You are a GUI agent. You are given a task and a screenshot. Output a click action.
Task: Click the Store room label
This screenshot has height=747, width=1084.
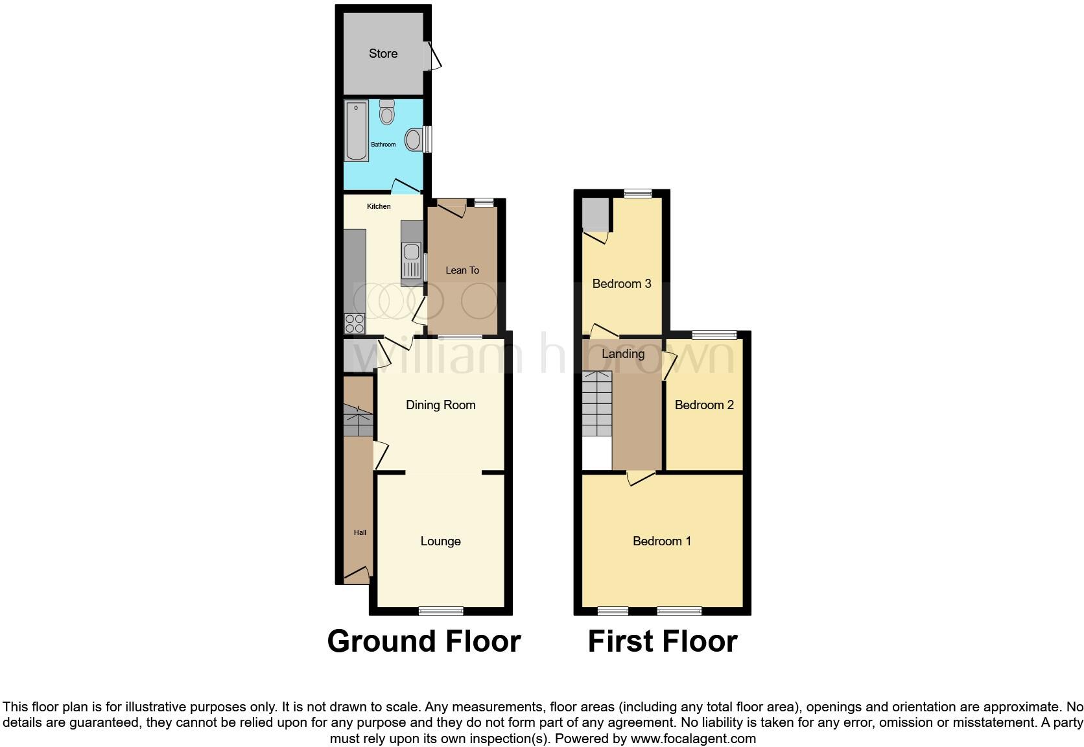[383, 54]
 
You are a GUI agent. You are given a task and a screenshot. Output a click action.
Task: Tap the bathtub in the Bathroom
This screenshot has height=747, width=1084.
[356, 131]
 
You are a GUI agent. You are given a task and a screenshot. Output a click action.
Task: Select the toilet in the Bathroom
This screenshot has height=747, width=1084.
[387, 113]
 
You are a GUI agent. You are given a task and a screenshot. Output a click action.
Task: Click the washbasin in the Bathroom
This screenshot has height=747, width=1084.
[414, 139]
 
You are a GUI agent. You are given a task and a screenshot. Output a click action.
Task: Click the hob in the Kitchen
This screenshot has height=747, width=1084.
[354, 322]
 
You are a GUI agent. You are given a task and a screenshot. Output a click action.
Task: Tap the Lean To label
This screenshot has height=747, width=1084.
[462, 270]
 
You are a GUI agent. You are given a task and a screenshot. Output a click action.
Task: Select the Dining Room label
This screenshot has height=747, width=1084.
[441, 405]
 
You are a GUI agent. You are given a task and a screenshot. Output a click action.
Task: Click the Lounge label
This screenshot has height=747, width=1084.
[441, 541]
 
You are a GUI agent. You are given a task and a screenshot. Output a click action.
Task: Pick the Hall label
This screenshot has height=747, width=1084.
[360, 532]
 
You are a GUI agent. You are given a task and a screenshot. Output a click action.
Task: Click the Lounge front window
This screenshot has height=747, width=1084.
[441, 610]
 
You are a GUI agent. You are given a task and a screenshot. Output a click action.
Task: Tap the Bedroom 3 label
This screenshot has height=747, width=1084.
[622, 283]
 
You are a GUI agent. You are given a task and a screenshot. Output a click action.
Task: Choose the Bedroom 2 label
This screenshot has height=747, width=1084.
[704, 405]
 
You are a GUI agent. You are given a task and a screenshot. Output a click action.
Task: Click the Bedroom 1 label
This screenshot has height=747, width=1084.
[662, 541]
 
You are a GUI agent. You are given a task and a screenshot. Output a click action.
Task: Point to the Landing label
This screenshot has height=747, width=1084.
[623, 354]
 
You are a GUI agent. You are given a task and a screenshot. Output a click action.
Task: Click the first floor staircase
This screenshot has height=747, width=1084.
[597, 403]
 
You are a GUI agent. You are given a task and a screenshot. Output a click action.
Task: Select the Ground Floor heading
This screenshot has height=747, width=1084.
[424, 641]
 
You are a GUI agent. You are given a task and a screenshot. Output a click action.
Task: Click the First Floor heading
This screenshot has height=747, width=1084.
[663, 641]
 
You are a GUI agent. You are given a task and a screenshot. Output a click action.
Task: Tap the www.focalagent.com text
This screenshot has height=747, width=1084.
[693, 739]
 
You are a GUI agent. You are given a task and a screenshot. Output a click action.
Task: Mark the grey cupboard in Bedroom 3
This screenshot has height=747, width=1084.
[595, 215]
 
